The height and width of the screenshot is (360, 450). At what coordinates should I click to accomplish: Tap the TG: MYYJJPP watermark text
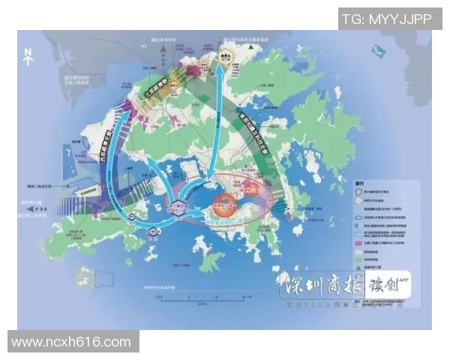pos(386,19)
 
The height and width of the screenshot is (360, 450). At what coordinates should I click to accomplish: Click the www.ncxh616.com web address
pos(72,342)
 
